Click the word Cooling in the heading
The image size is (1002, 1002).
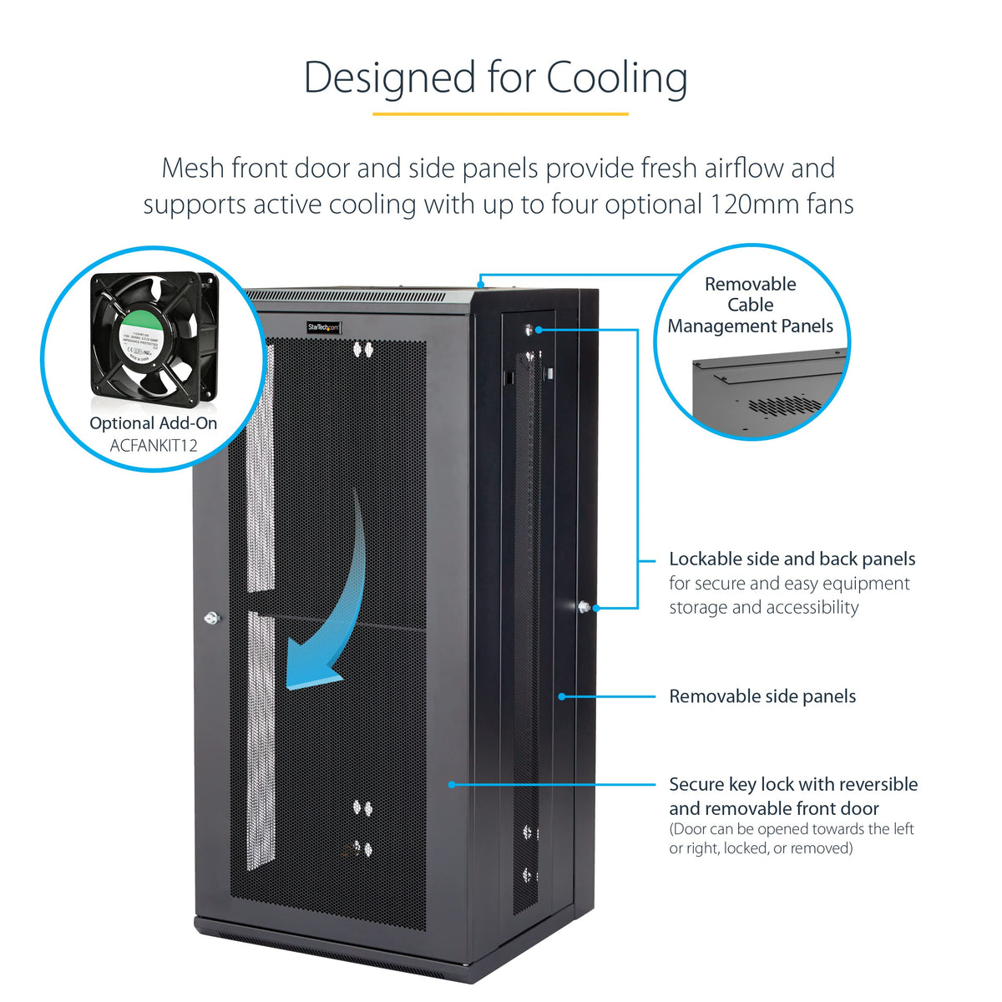point(617,78)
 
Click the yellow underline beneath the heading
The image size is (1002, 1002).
point(500,113)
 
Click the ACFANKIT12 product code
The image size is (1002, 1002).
point(154,445)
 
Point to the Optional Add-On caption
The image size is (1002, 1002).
point(154,423)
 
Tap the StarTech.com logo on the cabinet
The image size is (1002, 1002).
point(324,326)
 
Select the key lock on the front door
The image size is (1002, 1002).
point(210,619)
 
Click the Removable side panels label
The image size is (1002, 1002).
point(762,696)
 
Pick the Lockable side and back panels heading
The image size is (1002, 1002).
point(792,559)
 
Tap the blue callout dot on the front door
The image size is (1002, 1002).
point(452,784)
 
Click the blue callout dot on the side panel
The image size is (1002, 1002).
point(563,696)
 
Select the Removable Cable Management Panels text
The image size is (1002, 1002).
point(751,305)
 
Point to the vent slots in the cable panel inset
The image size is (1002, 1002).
point(784,405)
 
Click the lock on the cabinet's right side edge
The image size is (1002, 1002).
point(583,607)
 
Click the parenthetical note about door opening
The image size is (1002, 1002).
point(791,838)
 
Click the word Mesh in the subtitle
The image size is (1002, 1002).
point(193,168)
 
